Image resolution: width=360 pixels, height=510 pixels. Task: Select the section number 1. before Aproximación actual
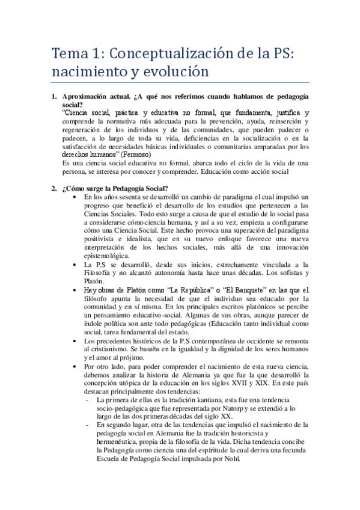(x=53, y=96)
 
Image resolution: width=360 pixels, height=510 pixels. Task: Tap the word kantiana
(x=189, y=400)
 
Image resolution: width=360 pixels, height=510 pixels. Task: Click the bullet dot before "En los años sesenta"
(x=74, y=197)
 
